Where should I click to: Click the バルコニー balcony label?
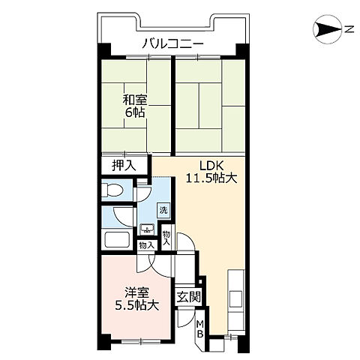click(x=172, y=44)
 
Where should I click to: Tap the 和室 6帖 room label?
click(x=135, y=106)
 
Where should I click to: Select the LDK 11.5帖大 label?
click(x=211, y=172)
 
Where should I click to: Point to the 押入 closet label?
click(x=124, y=165)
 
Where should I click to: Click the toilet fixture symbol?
click(x=112, y=190)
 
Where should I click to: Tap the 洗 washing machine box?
click(x=163, y=211)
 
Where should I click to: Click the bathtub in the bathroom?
click(x=117, y=240)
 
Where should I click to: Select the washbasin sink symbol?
click(x=148, y=229)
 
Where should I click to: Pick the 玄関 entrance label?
click(x=188, y=297)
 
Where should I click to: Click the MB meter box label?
click(x=200, y=329)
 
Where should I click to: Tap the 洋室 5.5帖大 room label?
click(x=136, y=298)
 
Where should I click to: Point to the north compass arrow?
click(x=328, y=29)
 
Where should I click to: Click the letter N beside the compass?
click(x=349, y=29)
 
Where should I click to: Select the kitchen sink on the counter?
click(x=235, y=299)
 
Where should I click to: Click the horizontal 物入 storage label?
click(x=147, y=245)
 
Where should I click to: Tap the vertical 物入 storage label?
click(x=166, y=238)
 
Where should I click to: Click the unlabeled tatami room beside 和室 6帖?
click(x=210, y=106)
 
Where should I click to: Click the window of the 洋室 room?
click(x=141, y=340)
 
